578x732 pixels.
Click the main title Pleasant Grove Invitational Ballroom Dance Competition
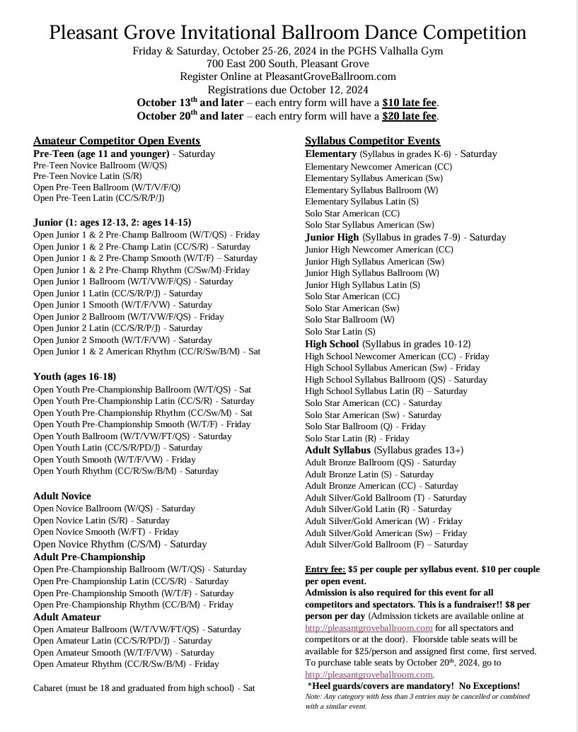(x=288, y=33)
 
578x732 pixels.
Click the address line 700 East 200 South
(x=288, y=64)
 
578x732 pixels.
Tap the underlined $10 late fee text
(x=410, y=103)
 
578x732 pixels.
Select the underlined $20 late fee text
(x=410, y=116)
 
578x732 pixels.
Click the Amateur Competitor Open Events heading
(x=117, y=141)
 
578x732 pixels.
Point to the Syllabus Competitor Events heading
(x=372, y=141)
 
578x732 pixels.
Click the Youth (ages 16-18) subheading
(x=74, y=376)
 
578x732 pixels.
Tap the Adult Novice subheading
(x=62, y=496)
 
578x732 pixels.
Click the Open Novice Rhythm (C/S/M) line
(x=120, y=544)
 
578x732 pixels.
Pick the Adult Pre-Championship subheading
(x=89, y=557)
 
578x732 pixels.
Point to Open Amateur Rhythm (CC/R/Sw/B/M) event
(x=126, y=664)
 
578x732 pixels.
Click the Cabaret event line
(x=144, y=687)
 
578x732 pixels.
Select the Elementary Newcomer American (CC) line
(x=378, y=166)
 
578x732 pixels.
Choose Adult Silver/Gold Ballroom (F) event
(x=386, y=545)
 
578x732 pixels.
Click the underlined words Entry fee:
(x=325, y=569)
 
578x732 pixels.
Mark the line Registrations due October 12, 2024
(x=288, y=90)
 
